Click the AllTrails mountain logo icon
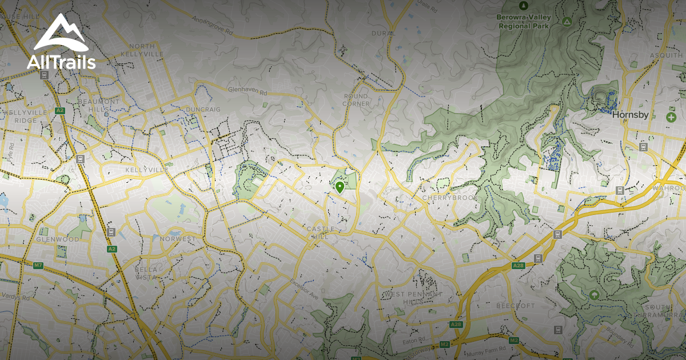point(61,33)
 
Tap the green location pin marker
point(340,187)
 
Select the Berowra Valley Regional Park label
point(523,22)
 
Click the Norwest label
point(178,238)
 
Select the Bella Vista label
point(146,273)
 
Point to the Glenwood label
point(58,239)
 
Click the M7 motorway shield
point(38,265)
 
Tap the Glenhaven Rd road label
point(248,91)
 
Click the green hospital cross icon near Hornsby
point(671,117)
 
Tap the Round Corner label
point(356,100)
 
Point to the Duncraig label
point(203,109)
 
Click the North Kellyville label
point(146,50)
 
